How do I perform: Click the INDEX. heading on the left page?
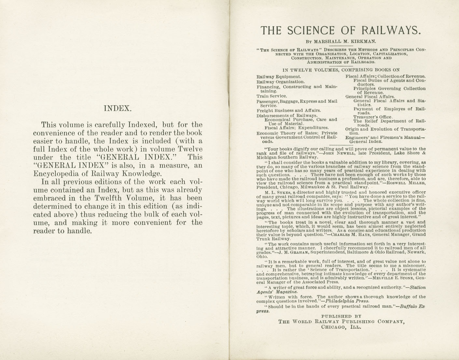click(x=118, y=108)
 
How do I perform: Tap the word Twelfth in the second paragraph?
click(x=110, y=198)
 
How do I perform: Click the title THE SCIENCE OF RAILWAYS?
click(x=341, y=30)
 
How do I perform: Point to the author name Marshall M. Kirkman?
click(x=345, y=42)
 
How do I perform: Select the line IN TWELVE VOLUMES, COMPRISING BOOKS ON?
click(x=341, y=70)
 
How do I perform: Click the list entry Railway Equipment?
click(x=279, y=77)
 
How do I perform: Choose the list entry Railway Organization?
click(x=281, y=82)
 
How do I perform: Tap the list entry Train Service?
click(x=272, y=96)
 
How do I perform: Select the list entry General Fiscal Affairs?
click(x=370, y=97)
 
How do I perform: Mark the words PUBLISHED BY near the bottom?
click(x=341, y=316)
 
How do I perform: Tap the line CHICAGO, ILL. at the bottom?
click(x=341, y=327)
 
